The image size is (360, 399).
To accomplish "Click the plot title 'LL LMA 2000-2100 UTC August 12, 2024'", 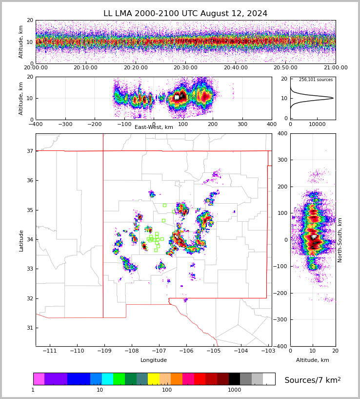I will point(185,14).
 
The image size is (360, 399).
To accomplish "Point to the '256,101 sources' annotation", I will point(316,80).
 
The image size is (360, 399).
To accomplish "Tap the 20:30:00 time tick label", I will point(185,68).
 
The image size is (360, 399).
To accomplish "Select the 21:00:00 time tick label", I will point(335,68).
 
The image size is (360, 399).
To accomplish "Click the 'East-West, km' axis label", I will point(154,127).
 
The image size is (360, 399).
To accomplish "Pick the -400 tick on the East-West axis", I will point(36,124).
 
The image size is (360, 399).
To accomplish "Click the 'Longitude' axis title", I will point(154,360).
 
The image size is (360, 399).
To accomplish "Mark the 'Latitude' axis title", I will point(21,240).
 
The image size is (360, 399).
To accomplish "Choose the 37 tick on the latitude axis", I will point(30,151).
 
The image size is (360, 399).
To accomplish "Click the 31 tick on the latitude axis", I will point(30,328).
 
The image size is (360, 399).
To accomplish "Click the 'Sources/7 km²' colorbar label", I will point(313,380).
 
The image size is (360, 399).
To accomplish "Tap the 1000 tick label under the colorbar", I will point(235,390).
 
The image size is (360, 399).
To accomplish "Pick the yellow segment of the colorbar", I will point(154,379).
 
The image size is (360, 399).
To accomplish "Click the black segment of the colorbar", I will point(235,379).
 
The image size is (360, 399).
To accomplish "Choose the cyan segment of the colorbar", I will point(107,379).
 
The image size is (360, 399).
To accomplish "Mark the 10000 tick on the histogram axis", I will point(317,124).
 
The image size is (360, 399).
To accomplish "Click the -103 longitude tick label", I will point(268,351).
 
